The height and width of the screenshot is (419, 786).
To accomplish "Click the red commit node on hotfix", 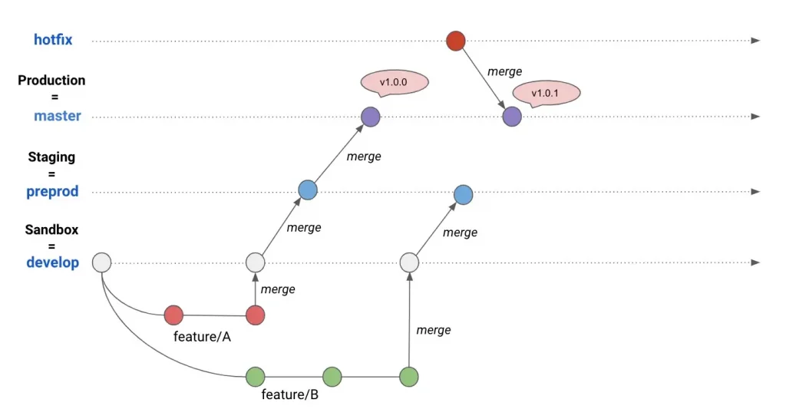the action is tap(456, 41).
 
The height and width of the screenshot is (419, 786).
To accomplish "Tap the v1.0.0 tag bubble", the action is tap(395, 82).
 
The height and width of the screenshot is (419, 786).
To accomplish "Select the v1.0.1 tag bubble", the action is tap(546, 93).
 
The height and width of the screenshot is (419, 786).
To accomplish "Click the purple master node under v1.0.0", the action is tap(371, 117).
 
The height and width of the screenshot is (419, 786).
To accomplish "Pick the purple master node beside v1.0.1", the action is tap(512, 117).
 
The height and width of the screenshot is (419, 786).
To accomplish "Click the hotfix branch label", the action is tap(53, 40).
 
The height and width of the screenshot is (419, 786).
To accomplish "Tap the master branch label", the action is tap(57, 116).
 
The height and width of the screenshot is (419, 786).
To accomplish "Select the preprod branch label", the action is tap(52, 191).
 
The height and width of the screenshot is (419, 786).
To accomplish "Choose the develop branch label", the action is tap(53, 262).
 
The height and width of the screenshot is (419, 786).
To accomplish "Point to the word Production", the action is tap(51, 80).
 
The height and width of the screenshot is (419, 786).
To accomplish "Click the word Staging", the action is tap(51, 157).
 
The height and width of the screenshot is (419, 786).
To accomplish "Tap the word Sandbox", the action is tap(51, 229).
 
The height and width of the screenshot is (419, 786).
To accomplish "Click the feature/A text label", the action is tap(202, 337).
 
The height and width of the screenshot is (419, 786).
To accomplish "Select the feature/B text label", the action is tap(289, 395).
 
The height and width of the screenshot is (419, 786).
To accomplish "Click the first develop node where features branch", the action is tap(102, 262).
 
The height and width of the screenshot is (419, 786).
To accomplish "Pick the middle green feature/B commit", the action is tap(332, 377).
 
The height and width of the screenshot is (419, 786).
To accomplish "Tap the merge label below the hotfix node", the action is tap(504, 71).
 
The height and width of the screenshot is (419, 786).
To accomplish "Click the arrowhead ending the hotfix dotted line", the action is tap(755, 41).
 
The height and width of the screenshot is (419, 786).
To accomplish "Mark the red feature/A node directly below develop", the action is tap(255, 315).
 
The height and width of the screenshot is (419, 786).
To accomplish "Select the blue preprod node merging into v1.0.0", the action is tap(308, 190).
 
